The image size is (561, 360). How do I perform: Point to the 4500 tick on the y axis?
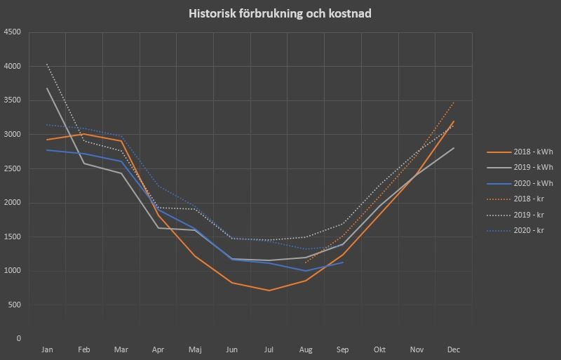pos(12,32)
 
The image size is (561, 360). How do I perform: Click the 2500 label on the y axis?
pos(12,168)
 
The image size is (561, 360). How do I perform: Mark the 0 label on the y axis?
pos(18,339)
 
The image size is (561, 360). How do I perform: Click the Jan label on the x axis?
pos(47,349)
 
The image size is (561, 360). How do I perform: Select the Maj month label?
pos(194,349)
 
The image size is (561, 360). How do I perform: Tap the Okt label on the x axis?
pos(379,349)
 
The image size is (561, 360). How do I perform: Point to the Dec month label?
pos(453,349)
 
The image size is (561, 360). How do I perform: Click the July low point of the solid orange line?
pos(269,290)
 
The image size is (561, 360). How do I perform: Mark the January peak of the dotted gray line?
pos(47,65)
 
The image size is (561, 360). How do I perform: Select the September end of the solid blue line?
pos(342,262)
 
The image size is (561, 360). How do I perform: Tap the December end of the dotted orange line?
pos(454,102)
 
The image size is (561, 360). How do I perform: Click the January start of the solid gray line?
pos(47,88)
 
